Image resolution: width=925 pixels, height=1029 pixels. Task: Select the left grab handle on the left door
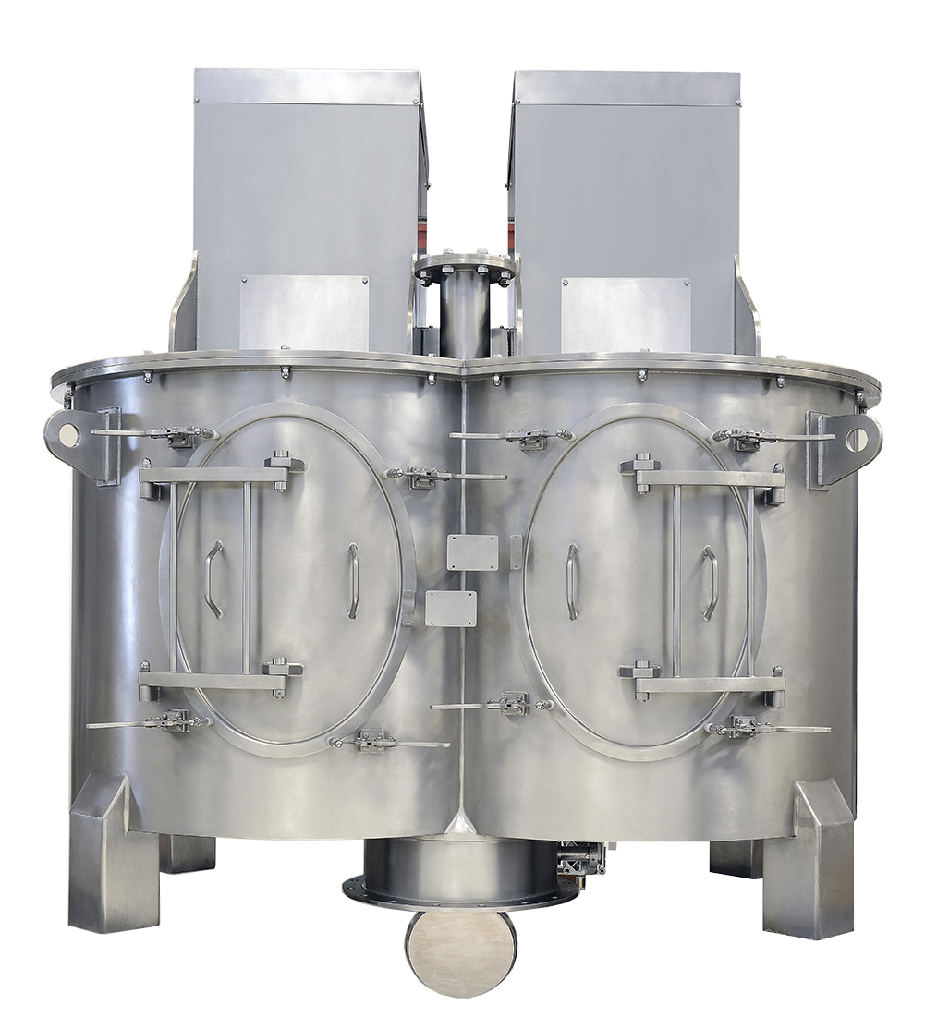(x=213, y=579)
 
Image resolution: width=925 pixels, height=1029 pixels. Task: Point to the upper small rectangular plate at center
(x=472, y=551)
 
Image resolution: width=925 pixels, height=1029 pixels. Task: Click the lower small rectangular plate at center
(x=451, y=609)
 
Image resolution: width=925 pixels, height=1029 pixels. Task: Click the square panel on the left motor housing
(x=304, y=313)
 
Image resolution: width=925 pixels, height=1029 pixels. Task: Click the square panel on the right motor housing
(x=626, y=314)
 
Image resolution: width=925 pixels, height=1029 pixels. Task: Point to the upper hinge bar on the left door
(x=216, y=475)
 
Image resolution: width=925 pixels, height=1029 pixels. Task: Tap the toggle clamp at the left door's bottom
(x=373, y=741)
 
